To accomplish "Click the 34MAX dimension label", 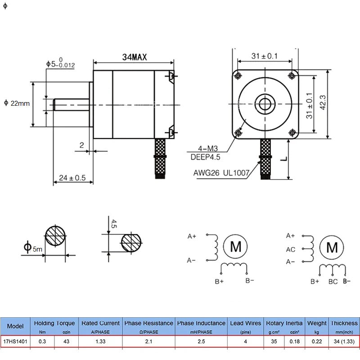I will coord(135,57).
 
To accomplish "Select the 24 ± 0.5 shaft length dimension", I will coord(72,178).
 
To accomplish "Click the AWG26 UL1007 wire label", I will coord(221,172).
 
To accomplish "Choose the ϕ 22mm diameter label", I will coord(17,103).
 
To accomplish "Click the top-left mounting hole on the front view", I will coord(238,74).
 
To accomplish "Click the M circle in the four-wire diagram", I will coord(236,246).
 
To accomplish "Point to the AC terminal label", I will coord(291,249).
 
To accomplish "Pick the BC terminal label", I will coord(333,282).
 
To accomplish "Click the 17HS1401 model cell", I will coord(16,341).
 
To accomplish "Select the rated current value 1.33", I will coord(100,341).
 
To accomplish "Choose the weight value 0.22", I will coord(317,341).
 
